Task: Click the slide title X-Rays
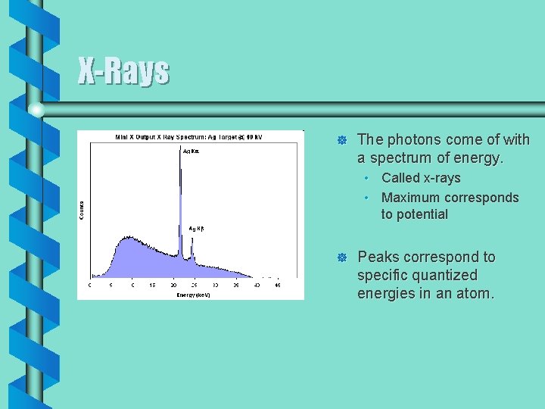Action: pyautogui.click(x=123, y=72)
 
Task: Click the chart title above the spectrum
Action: pyautogui.click(x=188, y=137)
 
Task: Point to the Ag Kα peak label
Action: pyautogui.click(x=192, y=151)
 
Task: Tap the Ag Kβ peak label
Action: pyautogui.click(x=197, y=228)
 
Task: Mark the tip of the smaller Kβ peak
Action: pyautogui.click(x=192, y=239)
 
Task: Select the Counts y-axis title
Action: pyautogui.click(x=82, y=210)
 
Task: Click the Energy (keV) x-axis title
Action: pyautogui.click(x=194, y=294)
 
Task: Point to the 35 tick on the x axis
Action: pyautogui.click(x=236, y=286)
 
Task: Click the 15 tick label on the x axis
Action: pyautogui.click(x=153, y=286)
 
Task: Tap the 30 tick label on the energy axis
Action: pyautogui.click(x=215, y=286)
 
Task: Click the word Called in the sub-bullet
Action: pyautogui.click(x=400, y=178)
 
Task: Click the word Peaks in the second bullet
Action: pyautogui.click(x=377, y=257)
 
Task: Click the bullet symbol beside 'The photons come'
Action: pyautogui.click(x=341, y=141)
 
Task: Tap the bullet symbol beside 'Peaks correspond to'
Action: pyautogui.click(x=341, y=258)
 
